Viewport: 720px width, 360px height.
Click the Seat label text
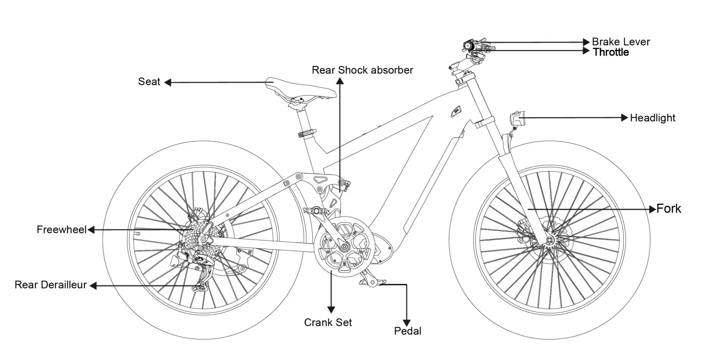point(149,82)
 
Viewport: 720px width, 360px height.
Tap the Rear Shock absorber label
point(362,70)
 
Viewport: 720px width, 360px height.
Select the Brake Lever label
point(621,42)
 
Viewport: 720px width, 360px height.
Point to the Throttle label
point(611,52)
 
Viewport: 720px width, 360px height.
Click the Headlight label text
point(652,118)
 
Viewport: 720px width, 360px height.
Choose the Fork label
point(668,209)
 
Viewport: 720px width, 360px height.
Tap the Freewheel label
point(61,229)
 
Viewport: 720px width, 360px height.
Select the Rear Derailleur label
point(50,285)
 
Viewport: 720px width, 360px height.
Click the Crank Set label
point(328,322)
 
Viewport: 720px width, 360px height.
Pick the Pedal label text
point(408,331)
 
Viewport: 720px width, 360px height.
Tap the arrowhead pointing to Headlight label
point(625,118)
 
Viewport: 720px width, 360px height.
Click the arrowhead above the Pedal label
point(406,323)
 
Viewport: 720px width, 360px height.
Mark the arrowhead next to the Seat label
point(168,82)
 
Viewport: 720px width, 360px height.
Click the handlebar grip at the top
point(469,46)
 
